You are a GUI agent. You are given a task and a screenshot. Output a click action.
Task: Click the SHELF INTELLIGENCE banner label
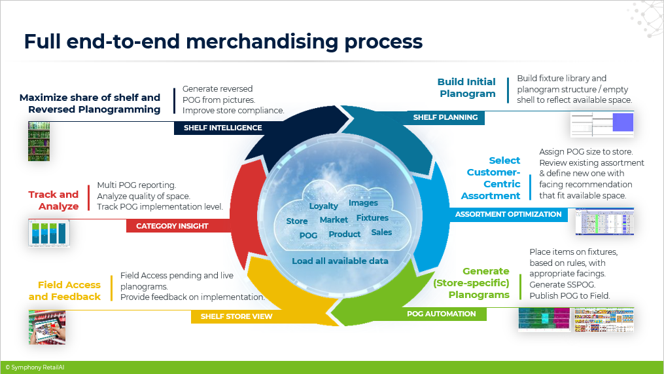click(222, 128)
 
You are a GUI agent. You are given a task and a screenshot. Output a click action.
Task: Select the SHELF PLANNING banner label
click(445, 117)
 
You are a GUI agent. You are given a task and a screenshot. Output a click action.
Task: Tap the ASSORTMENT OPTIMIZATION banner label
click(508, 214)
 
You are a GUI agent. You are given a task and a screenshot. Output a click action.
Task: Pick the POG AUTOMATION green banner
click(442, 314)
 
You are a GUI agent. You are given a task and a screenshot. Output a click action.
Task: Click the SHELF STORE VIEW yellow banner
click(236, 317)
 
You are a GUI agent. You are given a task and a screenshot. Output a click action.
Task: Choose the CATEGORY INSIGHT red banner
click(172, 226)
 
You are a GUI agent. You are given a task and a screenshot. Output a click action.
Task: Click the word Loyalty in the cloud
click(323, 206)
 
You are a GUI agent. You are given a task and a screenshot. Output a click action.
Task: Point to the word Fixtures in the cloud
click(372, 217)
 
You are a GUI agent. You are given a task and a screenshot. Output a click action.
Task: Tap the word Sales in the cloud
click(381, 232)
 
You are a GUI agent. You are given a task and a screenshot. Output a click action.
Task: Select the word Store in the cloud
click(296, 221)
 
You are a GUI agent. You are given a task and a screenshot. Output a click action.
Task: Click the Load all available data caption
click(340, 261)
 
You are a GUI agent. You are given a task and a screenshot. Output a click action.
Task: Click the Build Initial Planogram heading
click(466, 88)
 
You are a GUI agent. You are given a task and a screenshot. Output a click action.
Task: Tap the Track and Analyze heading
click(54, 200)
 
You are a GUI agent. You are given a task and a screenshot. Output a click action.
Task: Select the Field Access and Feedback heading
click(65, 291)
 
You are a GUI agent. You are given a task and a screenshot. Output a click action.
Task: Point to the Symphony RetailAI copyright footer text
click(35, 368)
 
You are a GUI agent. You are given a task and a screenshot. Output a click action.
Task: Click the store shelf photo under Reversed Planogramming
click(39, 141)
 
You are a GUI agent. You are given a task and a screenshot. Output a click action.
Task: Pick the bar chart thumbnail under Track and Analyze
click(48, 233)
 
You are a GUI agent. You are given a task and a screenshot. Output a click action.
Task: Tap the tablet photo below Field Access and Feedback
click(47, 327)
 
